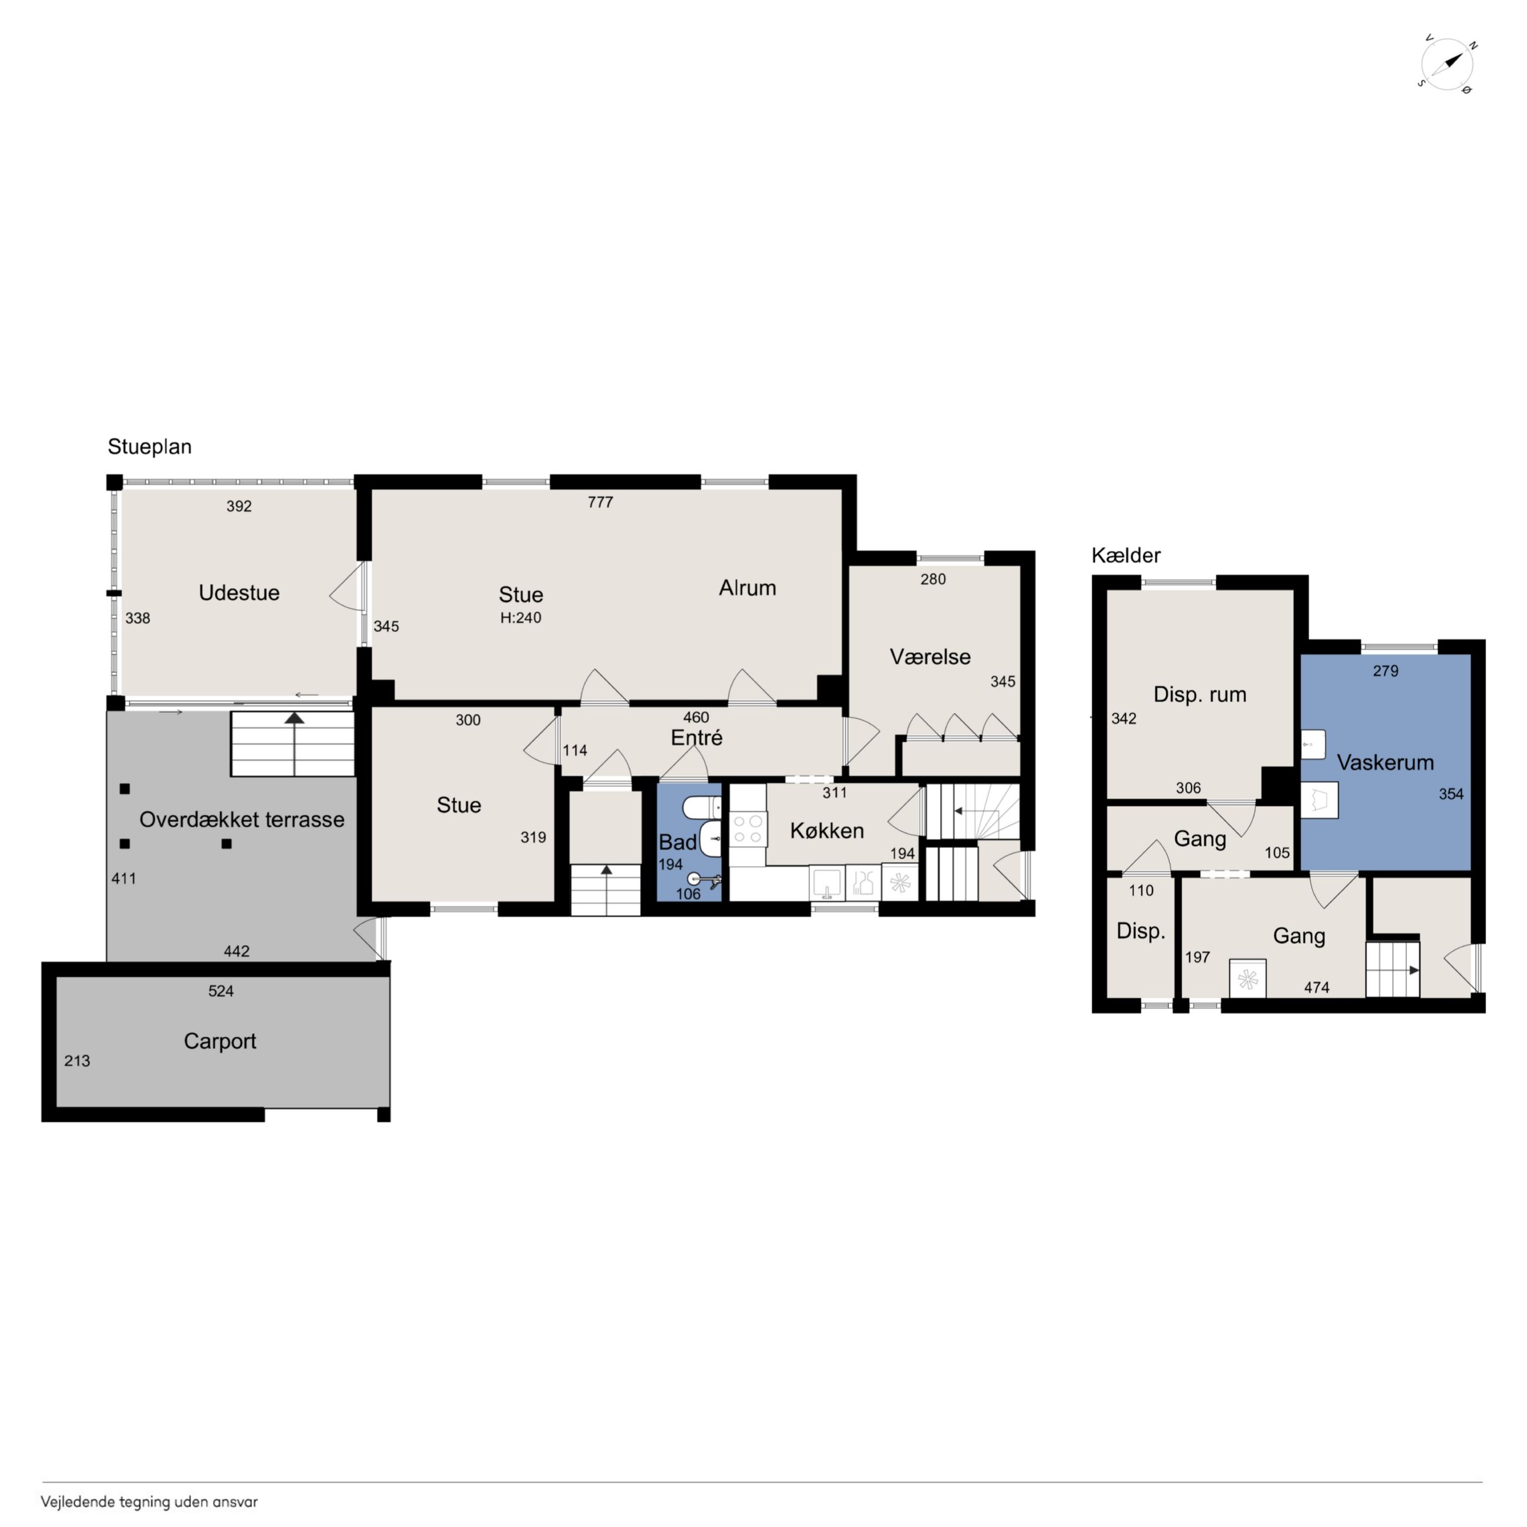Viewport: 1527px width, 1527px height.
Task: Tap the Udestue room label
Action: (x=238, y=593)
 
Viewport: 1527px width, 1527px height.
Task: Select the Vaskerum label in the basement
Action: (x=1385, y=763)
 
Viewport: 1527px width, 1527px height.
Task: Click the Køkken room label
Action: (x=827, y=830)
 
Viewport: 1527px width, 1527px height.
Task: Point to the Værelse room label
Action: (x=930, y=657)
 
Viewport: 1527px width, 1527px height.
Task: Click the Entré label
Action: (x=697, y=738)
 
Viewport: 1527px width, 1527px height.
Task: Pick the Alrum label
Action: (x=747, y=588)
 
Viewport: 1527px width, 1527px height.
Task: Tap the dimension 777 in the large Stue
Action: (x=600, y=502)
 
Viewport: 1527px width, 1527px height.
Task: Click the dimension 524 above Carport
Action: (x=220, y=991)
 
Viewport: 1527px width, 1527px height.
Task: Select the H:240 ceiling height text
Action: (x=520, y=618)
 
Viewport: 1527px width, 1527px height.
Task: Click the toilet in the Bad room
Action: (x=702, y=807)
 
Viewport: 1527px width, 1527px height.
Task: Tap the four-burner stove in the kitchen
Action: (x=748, y=829)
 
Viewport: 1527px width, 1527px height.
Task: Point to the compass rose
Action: (x=1447, y=65)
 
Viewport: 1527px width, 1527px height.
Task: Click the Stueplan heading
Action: (x=149, y=448)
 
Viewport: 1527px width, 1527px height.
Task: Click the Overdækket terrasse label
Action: (x=242, y=820)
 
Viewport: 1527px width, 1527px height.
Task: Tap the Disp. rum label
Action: (x=1200, y=695)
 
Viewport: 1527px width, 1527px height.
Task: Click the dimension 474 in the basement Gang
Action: (x=1317, y=988)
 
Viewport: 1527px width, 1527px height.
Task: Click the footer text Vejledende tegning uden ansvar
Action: (x=149, y=1502)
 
